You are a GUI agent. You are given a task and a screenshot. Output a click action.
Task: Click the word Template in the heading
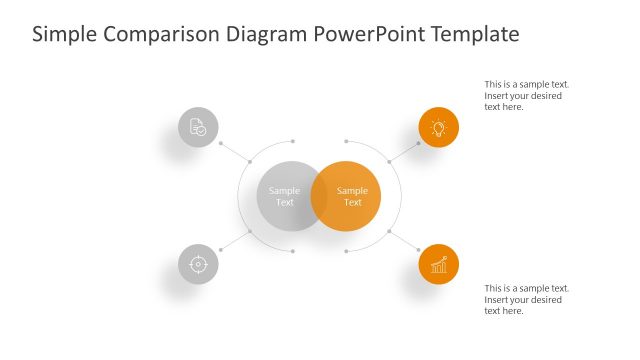(474, 34)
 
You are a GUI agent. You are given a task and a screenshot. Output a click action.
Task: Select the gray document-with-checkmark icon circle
(198, 127)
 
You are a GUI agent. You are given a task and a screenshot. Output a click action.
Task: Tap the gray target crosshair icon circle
(198, 265)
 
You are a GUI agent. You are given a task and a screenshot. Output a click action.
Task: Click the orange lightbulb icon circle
(438, 127)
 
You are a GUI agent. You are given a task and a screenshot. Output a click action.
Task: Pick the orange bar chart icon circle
(438, 265)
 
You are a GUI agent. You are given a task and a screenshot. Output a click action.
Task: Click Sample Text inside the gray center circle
(284, 196)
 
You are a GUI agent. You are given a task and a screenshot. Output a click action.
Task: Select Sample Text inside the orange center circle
(352, 196)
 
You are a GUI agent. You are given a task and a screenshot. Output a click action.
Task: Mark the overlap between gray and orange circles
(319, 196)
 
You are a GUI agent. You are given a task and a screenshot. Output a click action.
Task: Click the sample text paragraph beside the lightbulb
(526, 96)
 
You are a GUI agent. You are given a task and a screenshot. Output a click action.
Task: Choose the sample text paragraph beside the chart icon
(526, 299)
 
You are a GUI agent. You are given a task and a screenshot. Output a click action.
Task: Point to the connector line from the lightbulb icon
(405, 150)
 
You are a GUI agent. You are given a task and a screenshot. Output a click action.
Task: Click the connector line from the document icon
(234, 150)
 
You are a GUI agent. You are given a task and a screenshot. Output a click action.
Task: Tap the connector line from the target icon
(234, 240)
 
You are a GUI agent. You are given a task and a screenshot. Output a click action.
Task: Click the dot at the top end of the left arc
(292, 141)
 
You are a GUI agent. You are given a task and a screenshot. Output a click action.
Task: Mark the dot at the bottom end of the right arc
(345, 251)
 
